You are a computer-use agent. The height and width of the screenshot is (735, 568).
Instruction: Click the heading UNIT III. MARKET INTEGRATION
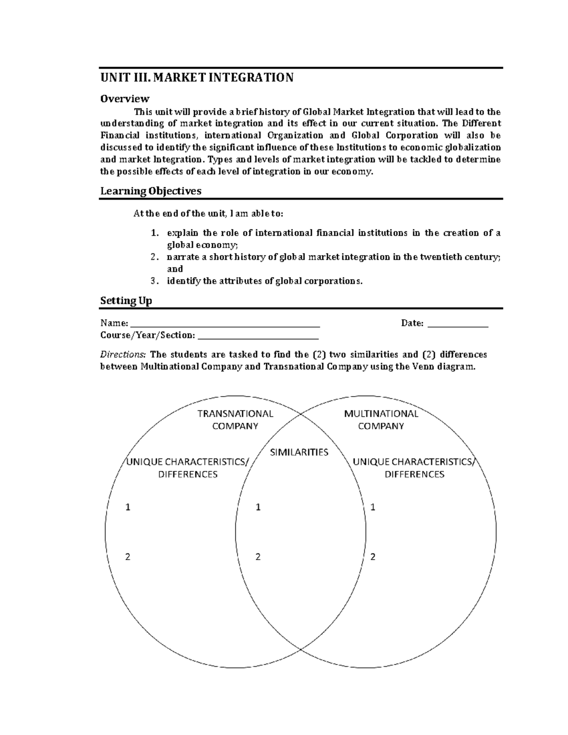[x=196, y=78]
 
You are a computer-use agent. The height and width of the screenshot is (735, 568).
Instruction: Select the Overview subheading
[x=124, y=98]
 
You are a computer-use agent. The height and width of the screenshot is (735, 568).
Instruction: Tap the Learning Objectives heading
[x=151, y=191]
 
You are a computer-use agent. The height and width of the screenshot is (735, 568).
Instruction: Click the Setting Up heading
[x=126, y=301]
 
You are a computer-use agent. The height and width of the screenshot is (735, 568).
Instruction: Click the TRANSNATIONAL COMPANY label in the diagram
[x=235, y=420]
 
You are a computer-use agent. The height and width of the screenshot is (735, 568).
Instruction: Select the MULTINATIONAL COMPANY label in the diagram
[x=381, y=420]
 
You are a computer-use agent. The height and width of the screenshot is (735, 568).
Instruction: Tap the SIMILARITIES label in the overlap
[x=299, y=452]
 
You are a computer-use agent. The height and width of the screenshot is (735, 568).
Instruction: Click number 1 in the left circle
[x=127, y=507]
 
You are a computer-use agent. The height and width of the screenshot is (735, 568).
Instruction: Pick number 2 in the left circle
[x=127, y=557]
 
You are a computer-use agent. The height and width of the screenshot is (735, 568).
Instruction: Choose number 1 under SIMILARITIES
[x=258, y=507]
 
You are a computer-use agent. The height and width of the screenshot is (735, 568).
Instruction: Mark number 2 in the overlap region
[x=258, y=557]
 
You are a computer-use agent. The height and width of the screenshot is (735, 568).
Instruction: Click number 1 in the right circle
[x=373, y=507]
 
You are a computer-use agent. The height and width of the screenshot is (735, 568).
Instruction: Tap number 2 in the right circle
[x=373, y=557]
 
